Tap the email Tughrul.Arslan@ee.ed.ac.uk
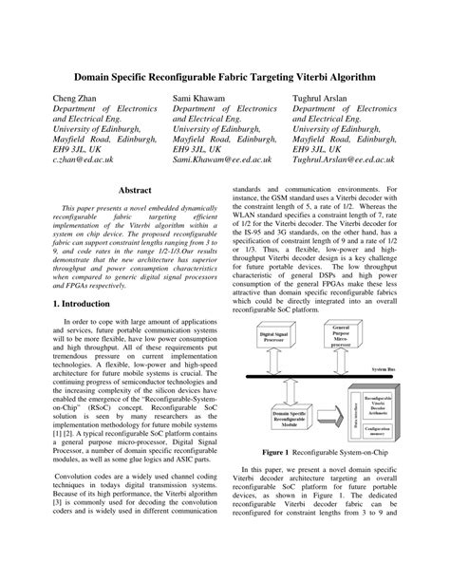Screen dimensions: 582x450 pos(364,162)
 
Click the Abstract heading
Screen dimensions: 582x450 pos(133,191)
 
